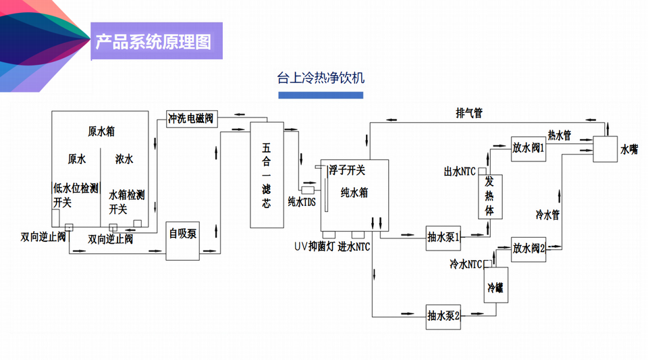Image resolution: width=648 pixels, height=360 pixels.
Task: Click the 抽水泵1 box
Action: pyautogui.click(x=443, y=237)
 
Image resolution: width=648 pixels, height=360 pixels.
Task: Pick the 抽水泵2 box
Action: pyautogui.click(x=443, y=315)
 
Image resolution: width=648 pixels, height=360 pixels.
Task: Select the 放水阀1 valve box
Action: pyautogui.click(x=528, y=148)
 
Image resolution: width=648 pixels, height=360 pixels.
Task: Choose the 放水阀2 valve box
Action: pyautogui.click(x=528, y=248)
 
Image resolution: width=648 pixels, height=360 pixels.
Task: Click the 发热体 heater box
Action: pyautogui.click(x=491, y=197)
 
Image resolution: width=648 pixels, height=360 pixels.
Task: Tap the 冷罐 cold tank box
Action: pyautogui.click(x=495, y=288)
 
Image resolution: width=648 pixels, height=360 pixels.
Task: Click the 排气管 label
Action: pyautogui.click(x=468, y=113)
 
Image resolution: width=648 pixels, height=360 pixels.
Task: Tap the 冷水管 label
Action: pyautogui.click(x=548, y=215)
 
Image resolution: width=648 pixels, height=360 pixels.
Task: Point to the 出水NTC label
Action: pyautogui.click(x=460, y=171)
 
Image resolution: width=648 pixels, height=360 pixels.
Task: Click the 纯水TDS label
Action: pyautogui.click(x=302, y=201)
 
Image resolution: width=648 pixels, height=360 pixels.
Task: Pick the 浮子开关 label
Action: pyautogui.click(x=348, y=170)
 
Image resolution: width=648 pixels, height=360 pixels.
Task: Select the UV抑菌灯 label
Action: pyautogui.click(x=313, y=246)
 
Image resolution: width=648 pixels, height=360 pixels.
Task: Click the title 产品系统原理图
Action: pyautogui.click(x=153, y=42)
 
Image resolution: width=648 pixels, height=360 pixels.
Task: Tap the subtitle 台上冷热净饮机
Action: pyautogui.click(x=321, y=77)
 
